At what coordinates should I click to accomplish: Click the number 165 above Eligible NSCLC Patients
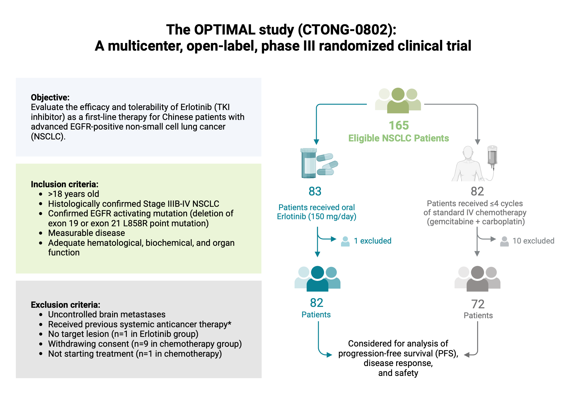(398, 125)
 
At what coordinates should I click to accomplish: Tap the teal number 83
(315, 191)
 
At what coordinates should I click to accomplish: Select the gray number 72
(478, 304)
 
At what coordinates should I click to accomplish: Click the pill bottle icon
(308, 163)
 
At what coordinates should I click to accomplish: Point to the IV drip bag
(492, 156)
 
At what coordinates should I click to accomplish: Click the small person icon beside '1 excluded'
(345, 241)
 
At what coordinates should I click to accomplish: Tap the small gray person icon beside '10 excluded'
(504, 241)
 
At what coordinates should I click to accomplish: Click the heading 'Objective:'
(50, 97)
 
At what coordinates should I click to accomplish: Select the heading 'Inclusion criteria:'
(65, 184)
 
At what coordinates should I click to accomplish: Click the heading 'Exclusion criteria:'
(65, 305)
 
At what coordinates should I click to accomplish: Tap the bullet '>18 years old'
(74, 194)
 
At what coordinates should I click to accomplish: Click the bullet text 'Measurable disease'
(86, 233)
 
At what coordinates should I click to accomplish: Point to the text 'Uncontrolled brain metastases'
(107, 315)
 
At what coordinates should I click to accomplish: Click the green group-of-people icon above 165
(398, 100)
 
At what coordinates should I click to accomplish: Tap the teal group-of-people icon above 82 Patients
(317, 279)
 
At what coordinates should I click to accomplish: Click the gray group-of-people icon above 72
(477, 279)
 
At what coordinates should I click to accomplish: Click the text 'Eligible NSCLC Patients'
(398, 138)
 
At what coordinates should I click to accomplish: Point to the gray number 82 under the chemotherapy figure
(477, 191)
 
